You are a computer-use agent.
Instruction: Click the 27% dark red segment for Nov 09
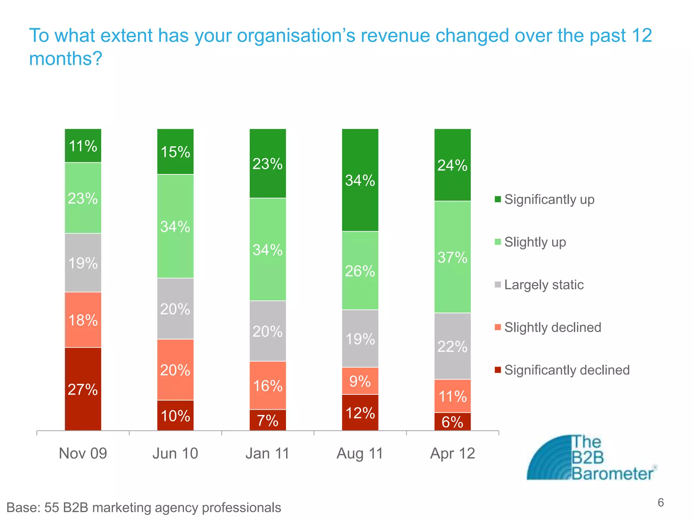83,389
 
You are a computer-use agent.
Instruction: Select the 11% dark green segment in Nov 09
83,146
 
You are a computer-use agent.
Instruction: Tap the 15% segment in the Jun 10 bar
175,152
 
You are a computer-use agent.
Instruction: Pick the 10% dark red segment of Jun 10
175,415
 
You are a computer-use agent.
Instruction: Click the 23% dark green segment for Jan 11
268,164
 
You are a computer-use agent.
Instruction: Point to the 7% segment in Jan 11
268,420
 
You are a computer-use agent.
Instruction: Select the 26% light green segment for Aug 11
360,270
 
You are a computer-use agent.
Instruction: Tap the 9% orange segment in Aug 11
360,381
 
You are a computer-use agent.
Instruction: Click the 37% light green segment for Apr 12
452,257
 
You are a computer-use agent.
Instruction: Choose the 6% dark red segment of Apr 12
452,422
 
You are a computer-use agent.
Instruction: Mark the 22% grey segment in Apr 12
452,346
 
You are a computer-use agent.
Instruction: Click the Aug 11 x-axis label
360,453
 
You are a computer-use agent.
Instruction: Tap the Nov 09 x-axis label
83,453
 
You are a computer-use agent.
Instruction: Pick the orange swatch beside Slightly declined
498,327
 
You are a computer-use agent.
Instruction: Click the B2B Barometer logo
591,458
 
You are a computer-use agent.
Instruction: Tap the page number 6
661,503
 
